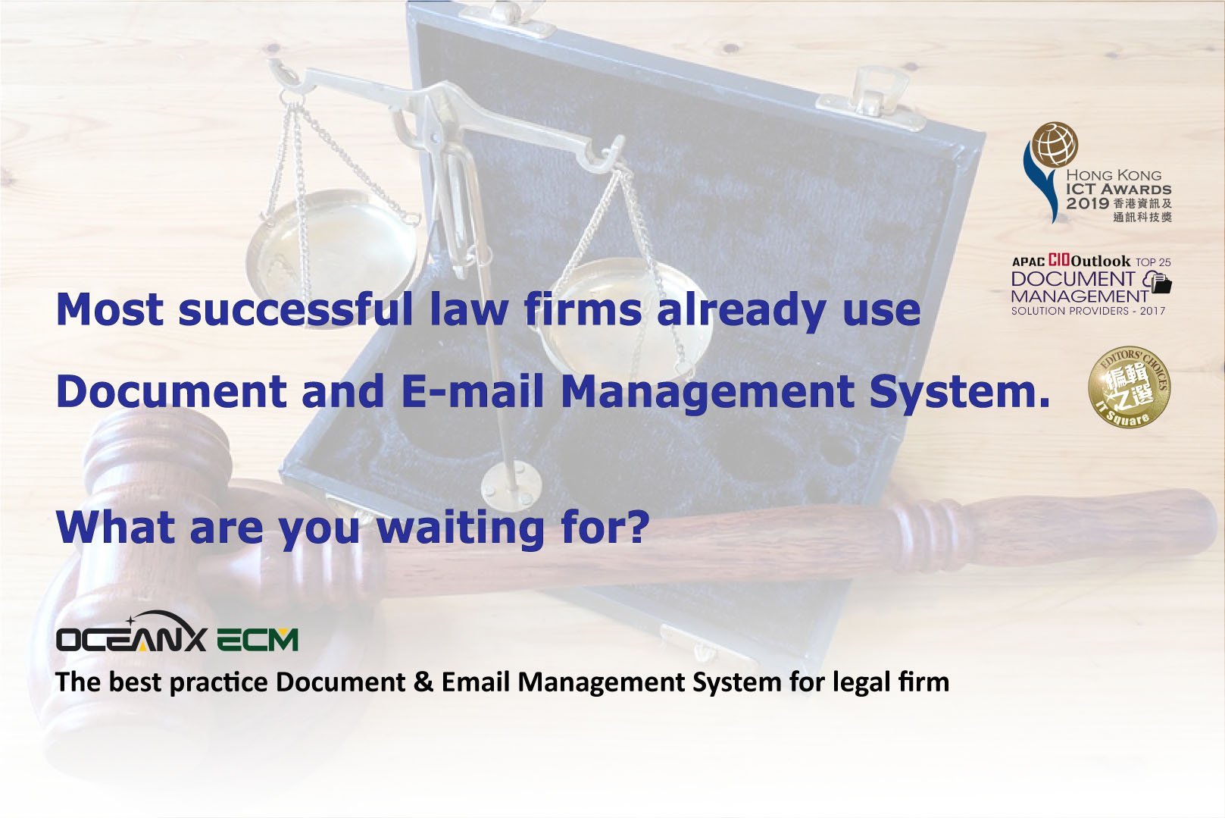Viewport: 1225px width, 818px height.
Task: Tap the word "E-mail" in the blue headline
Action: click(x=473, y=391)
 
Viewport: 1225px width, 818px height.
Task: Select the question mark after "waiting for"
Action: click(x=637, y=526)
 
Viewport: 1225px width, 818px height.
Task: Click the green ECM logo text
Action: click(x=258, y=640)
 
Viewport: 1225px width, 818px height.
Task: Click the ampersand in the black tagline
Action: click(x=423, y=682)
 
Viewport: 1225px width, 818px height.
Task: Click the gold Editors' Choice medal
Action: click(x=1130, y=387)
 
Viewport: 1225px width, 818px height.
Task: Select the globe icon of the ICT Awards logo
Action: click(x=1055, y=145)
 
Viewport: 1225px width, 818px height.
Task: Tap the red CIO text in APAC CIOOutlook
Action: click(x=1058, y=261)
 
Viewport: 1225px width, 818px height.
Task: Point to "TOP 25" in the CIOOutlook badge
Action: click(x=1153, y=262)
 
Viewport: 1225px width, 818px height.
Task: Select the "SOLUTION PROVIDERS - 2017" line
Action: click(x=1089, y=311)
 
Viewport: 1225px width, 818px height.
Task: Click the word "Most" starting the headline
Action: click(x=110, y=309)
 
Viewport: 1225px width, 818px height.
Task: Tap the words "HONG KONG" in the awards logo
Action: click(x=1114, y=176)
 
